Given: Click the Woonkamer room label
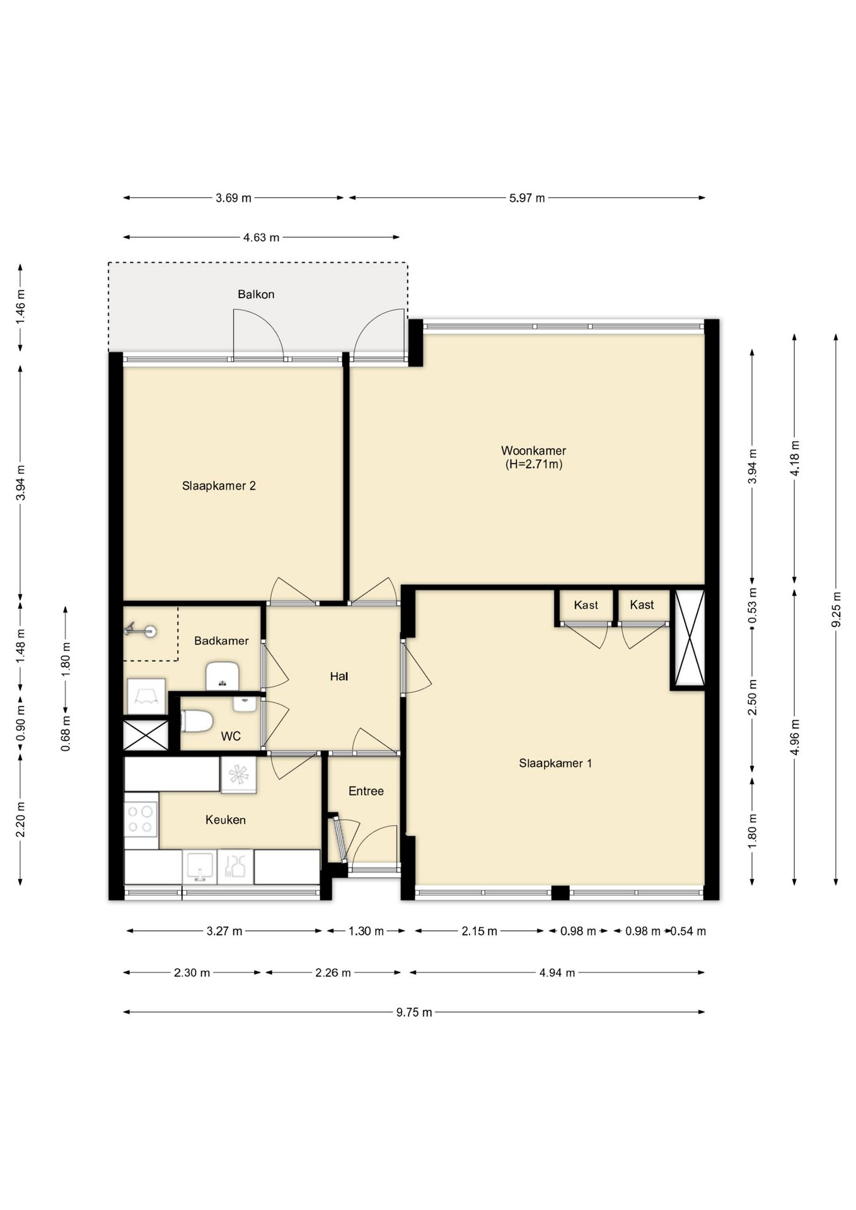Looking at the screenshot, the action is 533,451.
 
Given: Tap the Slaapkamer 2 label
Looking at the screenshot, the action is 219,486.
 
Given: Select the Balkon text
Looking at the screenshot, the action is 256,294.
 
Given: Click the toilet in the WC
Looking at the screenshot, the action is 197,721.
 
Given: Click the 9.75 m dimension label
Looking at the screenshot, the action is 414,1012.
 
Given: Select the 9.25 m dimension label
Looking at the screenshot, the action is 836,609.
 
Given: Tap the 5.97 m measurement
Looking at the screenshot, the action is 527,198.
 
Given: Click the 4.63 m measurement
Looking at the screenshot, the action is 261,238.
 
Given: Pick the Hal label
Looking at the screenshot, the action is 339,677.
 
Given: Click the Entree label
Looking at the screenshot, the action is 366,792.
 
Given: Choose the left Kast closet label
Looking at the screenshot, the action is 586,605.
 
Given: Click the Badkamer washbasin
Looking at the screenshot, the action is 223,676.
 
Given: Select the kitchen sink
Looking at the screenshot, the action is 200,867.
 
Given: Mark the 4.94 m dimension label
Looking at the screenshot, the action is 557,972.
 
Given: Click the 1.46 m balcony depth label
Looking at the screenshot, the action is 21,307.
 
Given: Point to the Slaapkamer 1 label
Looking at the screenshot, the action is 555,763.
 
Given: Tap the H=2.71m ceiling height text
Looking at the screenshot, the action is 534,464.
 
